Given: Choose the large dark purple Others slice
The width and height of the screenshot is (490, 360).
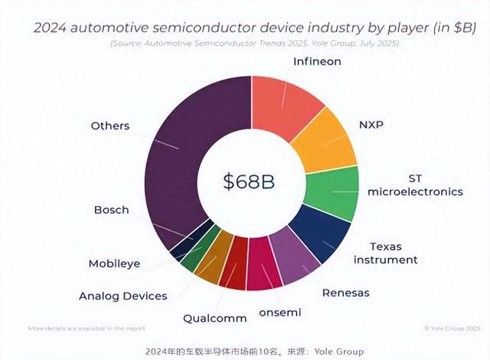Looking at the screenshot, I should pos(184,153).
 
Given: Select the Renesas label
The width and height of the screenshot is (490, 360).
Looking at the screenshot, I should pos(345,293).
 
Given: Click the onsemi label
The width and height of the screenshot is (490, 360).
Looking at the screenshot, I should pos(279,312).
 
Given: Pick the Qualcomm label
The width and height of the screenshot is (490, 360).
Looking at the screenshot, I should pos(215,318).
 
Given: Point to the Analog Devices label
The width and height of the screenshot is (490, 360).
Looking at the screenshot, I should pos(122,296).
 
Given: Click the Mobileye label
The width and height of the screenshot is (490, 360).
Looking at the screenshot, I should pos(116,263).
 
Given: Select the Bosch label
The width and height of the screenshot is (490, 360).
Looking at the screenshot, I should pos(111,209).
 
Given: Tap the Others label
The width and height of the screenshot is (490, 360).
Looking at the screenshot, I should pos(110,125).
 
